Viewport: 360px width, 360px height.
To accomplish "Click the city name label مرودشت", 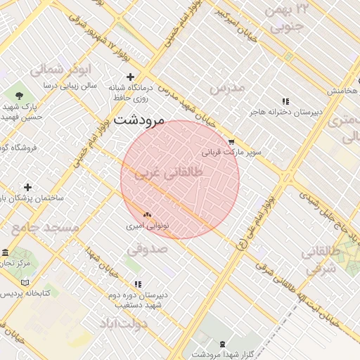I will pyautogui.click(x=139, y=120).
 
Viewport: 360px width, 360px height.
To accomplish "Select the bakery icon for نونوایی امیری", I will pyautogui.click(x=147, y=214).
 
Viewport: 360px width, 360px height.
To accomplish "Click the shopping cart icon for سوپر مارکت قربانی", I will pyautogui.click(x=231, y=141).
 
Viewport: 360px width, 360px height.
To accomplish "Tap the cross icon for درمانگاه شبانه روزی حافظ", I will pyautogui.click(x=129, y=77).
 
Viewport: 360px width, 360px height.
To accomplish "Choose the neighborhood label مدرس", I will pyautogui.click(x=227, y=87).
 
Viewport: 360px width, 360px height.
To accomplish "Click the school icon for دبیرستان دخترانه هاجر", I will pyautogui.click(x=285, y=101).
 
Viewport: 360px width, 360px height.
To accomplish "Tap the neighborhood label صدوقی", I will pyautogui.click(x=147, y=249).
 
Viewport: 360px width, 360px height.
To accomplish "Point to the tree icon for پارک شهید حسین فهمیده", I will pyautogui.click(x=19, y=95).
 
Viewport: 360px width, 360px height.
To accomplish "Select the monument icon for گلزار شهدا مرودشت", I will pyautogui.click(x=223, y=342).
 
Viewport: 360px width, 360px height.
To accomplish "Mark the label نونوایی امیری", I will pyautogui.click(x=145, y=226).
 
